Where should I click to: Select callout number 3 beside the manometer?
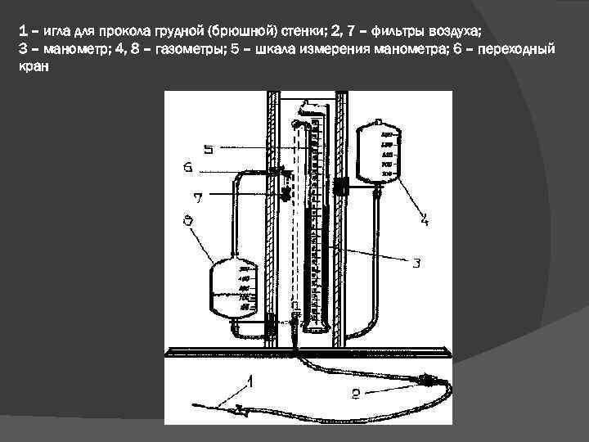(416, 263)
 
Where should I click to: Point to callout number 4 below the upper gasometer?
(424, 219)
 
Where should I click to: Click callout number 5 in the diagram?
(209, 150)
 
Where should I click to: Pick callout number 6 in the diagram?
(188, 168)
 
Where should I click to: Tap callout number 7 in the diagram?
(196, 196)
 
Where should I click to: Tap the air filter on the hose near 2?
(426, 378)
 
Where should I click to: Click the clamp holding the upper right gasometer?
(342, 185)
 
